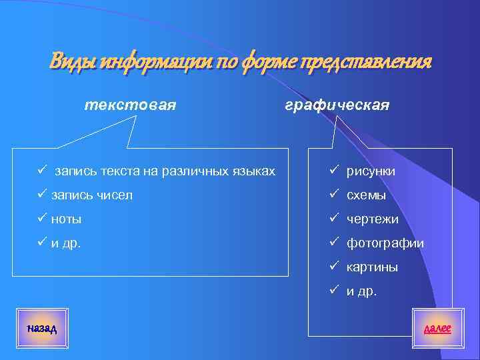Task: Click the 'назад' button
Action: (42, 327)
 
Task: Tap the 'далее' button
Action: (437, 327)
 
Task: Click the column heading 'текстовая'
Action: (130, 105)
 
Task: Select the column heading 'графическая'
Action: (337, 106)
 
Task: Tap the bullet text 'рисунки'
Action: (371, 171)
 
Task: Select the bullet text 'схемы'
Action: (366, 195)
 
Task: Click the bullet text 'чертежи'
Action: (372, 219)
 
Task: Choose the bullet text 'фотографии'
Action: (385, 243)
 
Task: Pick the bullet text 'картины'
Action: (372, 267)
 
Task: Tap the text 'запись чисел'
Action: (92, 195)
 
